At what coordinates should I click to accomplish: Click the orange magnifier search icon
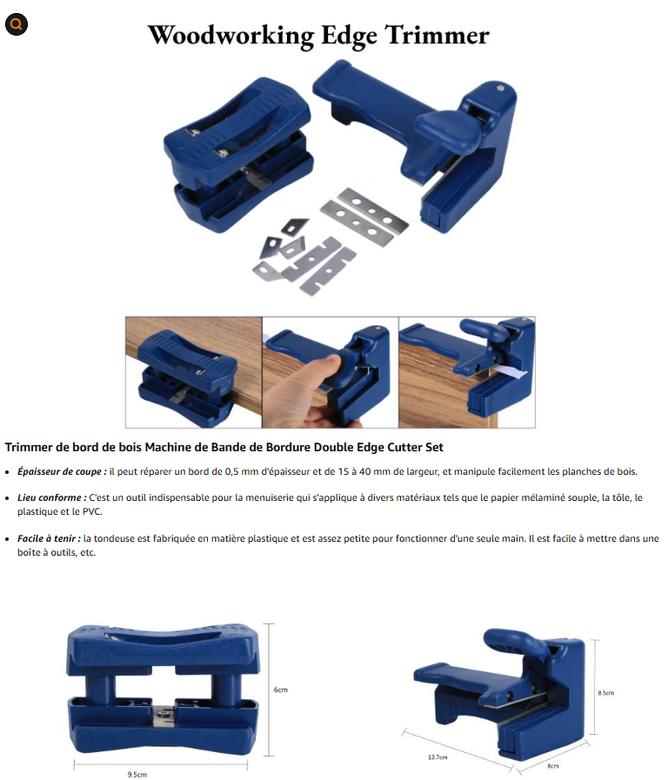tap(16, 23)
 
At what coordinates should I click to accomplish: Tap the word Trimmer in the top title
tap(438, 35)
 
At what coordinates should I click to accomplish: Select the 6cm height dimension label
tap(281, 690)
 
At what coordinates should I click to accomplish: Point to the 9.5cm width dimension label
tap(137, 775)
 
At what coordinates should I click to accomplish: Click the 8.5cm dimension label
tap(606, 693)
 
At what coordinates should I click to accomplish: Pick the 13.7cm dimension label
tap(438, 757)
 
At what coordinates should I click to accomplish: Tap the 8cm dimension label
tap(553, 766)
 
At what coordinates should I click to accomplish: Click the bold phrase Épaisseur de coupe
tap(62, 471)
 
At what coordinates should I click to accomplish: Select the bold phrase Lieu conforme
tap(51, 497)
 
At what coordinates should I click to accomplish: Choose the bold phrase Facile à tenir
tap(49, 538)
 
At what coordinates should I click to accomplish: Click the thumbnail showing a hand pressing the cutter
tap(331, 372)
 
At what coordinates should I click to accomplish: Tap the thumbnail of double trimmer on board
tap(193, 372)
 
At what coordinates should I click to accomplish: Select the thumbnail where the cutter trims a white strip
tap(467, 372)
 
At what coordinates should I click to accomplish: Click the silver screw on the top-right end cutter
tap(500, 89)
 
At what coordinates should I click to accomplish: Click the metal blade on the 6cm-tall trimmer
tap(164, 715)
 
